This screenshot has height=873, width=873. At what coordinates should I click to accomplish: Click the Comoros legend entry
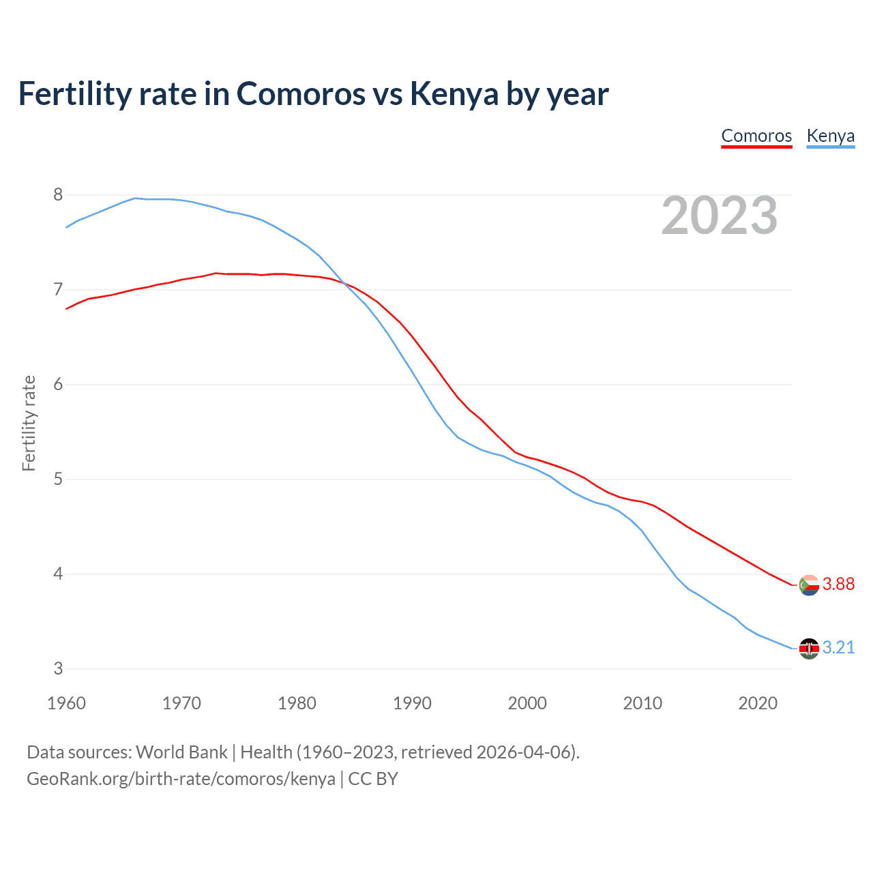756,136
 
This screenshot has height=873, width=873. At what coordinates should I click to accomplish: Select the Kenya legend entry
830,136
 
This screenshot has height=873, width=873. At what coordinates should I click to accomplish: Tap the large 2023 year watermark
720,216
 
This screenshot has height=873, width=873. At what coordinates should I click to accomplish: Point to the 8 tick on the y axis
58,195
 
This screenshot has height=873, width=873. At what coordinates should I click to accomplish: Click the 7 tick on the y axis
58,290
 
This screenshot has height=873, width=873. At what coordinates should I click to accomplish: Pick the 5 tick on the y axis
58,479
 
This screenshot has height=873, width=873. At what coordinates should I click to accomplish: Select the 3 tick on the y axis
58,669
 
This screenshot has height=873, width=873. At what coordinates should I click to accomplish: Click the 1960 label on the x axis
66,703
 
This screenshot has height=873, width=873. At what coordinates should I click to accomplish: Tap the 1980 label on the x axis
297,703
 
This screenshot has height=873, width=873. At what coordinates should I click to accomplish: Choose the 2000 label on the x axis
527,703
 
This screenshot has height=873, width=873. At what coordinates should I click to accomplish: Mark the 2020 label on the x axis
758,703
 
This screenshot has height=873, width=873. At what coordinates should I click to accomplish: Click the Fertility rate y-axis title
29,423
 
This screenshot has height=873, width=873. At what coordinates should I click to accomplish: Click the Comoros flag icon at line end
809,585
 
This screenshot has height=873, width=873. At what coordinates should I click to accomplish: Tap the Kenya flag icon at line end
809,649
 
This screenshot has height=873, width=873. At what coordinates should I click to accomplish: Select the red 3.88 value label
838,585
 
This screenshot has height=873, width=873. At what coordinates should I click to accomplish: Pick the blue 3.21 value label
838,648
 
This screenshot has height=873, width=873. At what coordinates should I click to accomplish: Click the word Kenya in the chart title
454,94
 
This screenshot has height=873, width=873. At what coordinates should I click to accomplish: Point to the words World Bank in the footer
181,752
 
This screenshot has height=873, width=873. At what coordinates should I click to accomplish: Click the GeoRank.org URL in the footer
181,779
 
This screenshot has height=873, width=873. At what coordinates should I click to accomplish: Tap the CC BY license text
373,779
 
